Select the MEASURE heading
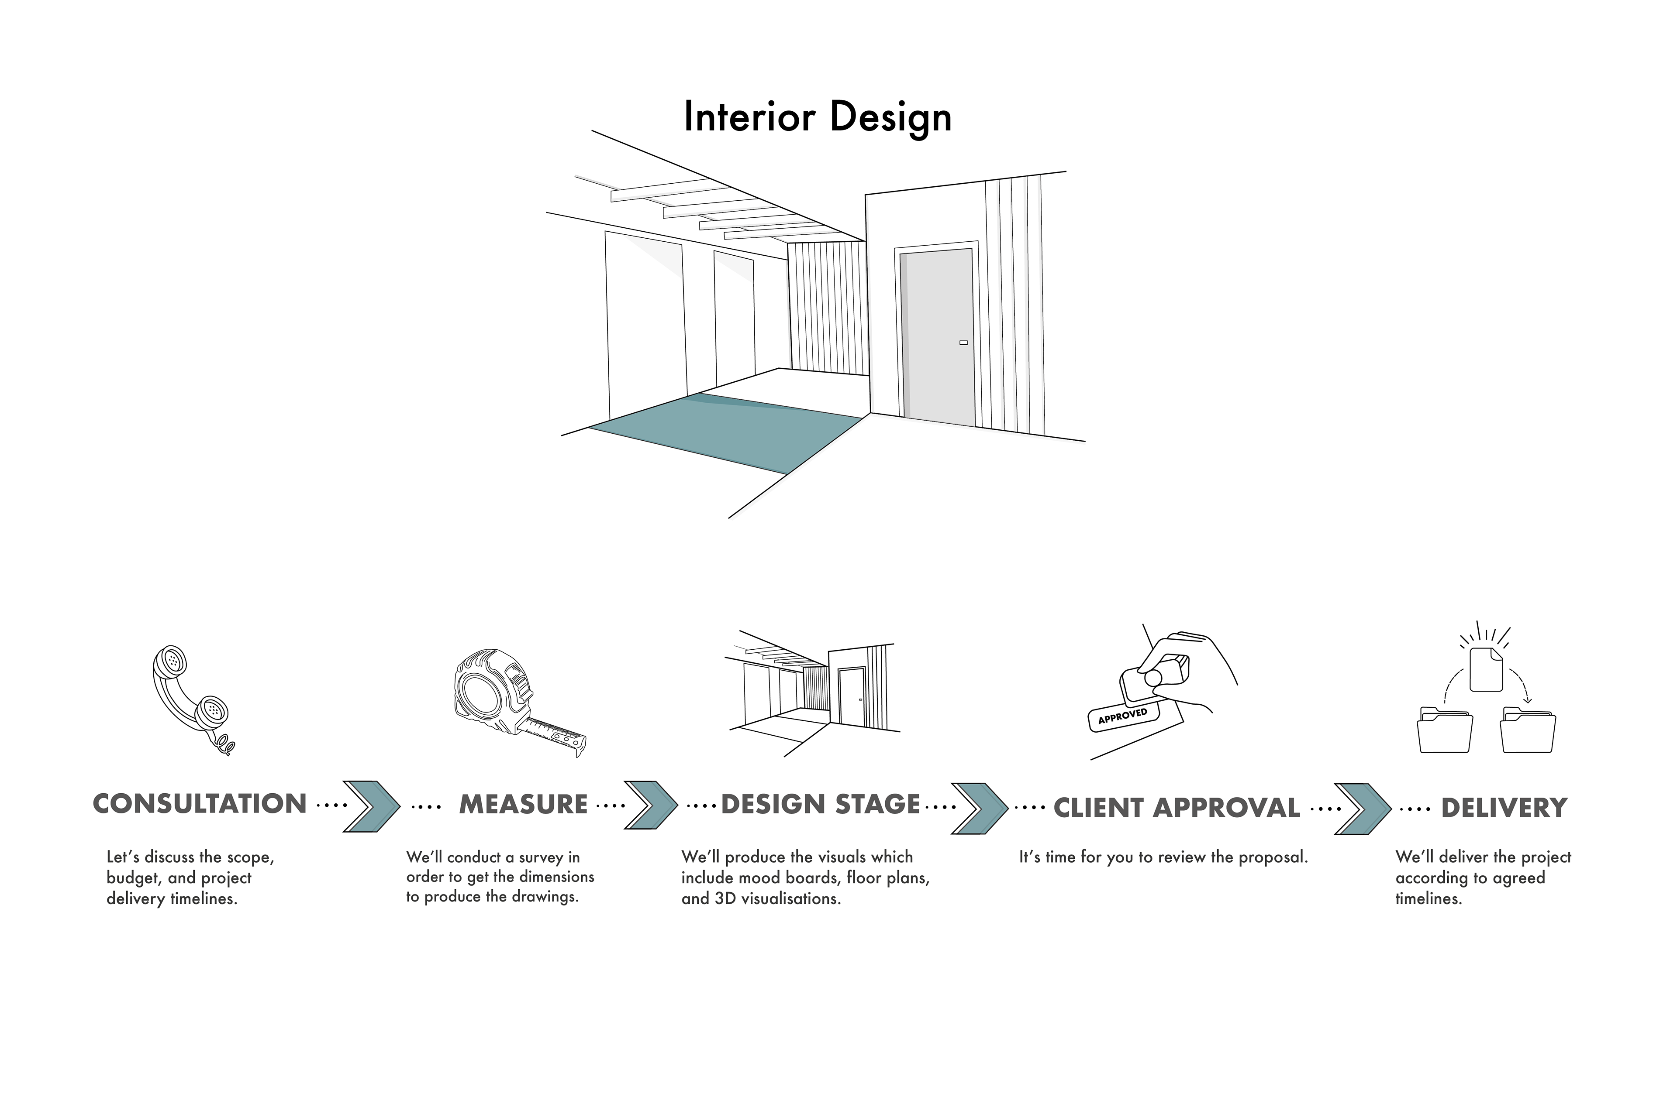(x=523, y=804)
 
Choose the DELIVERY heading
(x=1504, y=808)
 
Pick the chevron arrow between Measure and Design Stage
(x=650, y=805)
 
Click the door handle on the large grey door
(x=963, y=343)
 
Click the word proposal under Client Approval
(x=1273, y=857)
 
